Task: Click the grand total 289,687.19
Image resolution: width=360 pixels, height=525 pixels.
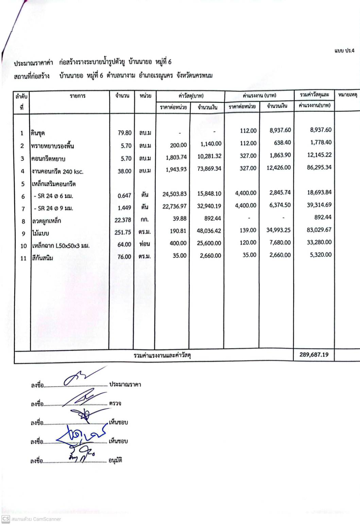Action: tap(314, 354)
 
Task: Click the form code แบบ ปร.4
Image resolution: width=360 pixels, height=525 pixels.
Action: tap(344, 51)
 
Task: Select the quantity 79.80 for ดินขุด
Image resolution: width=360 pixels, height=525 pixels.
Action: tap(124, 133)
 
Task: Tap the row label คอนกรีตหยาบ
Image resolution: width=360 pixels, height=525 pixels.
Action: tap(48, 159)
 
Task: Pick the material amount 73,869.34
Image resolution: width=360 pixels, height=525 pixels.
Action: tap(209, 169)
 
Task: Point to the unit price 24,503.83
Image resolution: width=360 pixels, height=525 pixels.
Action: tap(174, 194)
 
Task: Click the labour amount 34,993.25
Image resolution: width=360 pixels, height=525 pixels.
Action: tap(278, 230)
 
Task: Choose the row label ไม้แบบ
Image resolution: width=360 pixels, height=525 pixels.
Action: tap(40, 233)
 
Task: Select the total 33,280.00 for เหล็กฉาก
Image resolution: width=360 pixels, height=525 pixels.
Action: tap(319, 242)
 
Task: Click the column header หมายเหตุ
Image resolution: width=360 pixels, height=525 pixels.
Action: tap(347, 95)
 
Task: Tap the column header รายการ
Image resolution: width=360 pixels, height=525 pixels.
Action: tap(78, 96)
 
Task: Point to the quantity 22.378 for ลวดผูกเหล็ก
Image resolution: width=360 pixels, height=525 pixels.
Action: tap(123, 220)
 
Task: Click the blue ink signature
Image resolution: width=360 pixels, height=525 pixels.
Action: tap(81, 436)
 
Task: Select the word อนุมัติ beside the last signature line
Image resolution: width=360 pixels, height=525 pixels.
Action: tap(115, 460)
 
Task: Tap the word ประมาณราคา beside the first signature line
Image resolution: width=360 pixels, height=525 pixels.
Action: tap(125, 384)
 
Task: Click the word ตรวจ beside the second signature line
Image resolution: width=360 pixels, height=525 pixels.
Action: tap(115, 403)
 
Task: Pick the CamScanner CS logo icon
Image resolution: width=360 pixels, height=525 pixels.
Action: tap(5, 519)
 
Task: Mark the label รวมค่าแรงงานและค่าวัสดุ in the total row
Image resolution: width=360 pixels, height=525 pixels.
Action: tap(162, 355)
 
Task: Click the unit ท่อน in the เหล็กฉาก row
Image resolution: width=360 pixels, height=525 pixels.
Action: tap(144, 244)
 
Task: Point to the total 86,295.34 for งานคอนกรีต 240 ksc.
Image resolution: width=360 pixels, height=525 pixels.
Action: tap(319, 167)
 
